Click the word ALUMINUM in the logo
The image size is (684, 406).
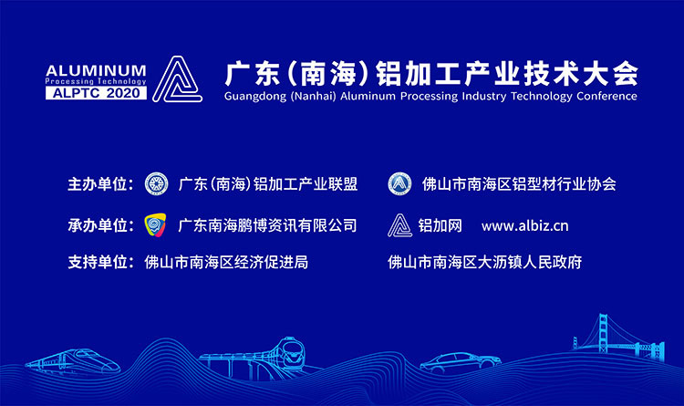pyautogui.click(x=96, y=70)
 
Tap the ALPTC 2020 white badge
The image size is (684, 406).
pyautogui.click(x=96, y=93)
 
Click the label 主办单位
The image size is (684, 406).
pyautogui.click(x=100, y=184)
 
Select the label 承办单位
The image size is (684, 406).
pyautogui.click(x=100, y=225)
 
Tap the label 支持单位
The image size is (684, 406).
pyautogui.click(x=100, y=263)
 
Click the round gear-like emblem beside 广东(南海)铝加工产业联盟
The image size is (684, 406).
pyautogui.click(x=156, y=183)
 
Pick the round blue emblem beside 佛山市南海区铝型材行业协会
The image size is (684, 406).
pyautogui.click(x=399, y=183)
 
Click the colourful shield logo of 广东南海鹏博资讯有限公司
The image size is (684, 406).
pyautogui.click(x=155, y=224)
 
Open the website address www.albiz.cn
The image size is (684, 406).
pyautogui.click(x=524, y=226)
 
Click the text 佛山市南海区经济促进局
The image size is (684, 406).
pyautogui.click(x=226, y=263)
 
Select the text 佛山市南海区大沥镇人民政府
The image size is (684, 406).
pyautogui.click(x=484, y=263)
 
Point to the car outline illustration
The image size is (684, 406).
pyautogui.click(x=461, y=361)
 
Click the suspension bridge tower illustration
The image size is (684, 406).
pyautogui.click(x=604, y=333)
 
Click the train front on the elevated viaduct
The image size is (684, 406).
pyautogui.click(x=291, y=351)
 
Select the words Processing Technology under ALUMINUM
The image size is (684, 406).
pyautogui.click(x=96, y=81)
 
